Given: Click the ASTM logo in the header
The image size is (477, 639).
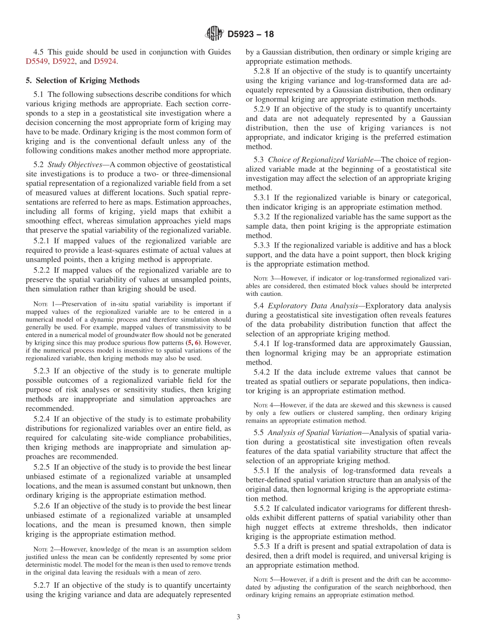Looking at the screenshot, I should (x=214, y=34).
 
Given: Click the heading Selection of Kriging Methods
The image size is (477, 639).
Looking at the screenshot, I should (x=82, y=80).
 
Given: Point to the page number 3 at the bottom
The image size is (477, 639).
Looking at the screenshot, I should (x=238, y=617).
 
